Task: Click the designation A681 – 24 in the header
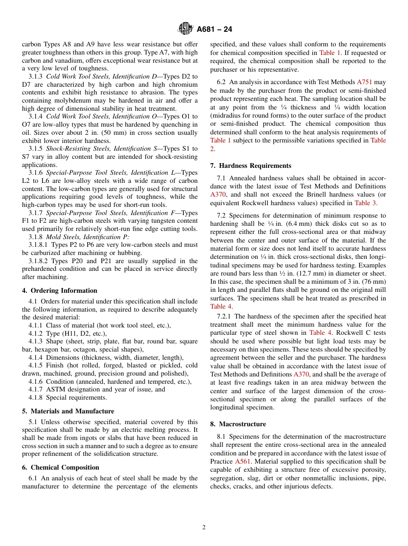[215, 30]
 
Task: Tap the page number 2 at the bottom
[204, 528]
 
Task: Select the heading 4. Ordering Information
[60, 291]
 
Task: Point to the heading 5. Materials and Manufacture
[68, 411]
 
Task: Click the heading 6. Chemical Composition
[61, 467]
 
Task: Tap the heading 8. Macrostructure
[238, 424]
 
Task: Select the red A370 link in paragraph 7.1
[218, 195]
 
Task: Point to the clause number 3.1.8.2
[40, 261]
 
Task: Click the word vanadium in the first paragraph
[67, 61]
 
